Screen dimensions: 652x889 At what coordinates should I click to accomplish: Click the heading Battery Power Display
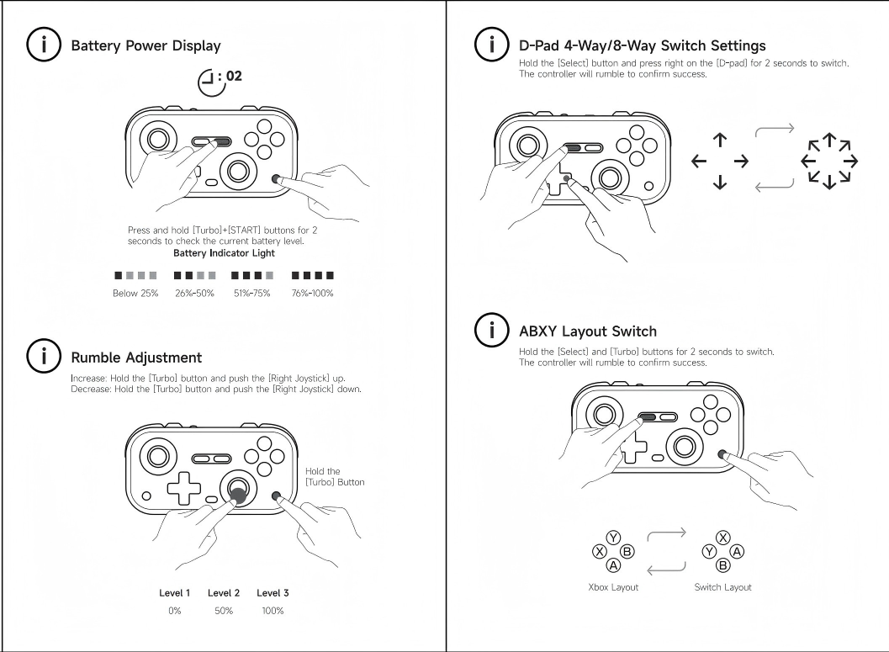147,45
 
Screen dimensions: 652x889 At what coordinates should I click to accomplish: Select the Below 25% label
135,293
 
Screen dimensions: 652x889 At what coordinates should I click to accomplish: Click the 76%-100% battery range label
312,293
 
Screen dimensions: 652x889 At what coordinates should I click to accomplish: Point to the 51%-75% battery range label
252,293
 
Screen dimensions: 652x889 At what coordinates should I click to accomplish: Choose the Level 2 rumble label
224,593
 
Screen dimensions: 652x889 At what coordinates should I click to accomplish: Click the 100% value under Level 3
273,611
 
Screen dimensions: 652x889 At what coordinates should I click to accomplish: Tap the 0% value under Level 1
175,611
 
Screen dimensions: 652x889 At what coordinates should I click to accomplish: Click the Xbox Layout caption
613,587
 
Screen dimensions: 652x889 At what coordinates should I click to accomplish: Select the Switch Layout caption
722,587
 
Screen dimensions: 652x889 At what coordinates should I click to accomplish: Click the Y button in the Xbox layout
614,537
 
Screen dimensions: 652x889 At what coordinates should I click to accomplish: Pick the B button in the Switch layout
722,566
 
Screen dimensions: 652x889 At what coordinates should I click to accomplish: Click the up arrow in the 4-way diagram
720,139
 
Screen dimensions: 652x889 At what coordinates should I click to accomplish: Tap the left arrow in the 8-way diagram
808,160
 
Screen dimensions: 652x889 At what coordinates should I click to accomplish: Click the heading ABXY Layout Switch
588,331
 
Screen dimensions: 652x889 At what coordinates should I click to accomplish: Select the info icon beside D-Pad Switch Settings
486,45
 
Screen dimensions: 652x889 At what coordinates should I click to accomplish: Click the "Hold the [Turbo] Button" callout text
335,477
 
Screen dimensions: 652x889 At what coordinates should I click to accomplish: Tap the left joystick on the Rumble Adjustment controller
157,455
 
